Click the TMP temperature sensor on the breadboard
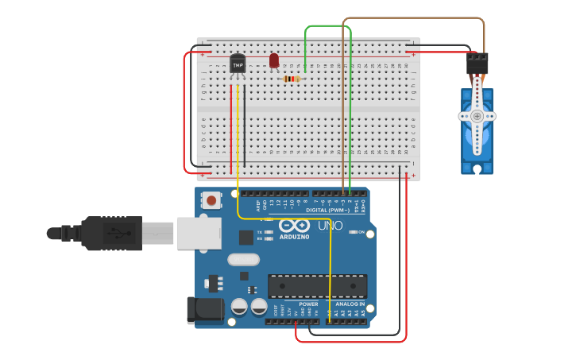coord(238,64)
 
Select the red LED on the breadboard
coord(274,60)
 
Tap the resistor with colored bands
coord(292,79)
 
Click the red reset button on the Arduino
coord(212,199)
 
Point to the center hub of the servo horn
coord(477,116)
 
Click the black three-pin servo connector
coord(477,63)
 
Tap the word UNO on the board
coord(331,226)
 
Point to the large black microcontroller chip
coord(317,286)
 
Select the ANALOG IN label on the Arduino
coord(349,304)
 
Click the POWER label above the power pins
coord(308,304)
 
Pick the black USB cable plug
coord(111,233)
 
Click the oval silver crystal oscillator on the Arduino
coord(243,259)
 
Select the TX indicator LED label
coord(259,232)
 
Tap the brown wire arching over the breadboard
coord(413,18)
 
